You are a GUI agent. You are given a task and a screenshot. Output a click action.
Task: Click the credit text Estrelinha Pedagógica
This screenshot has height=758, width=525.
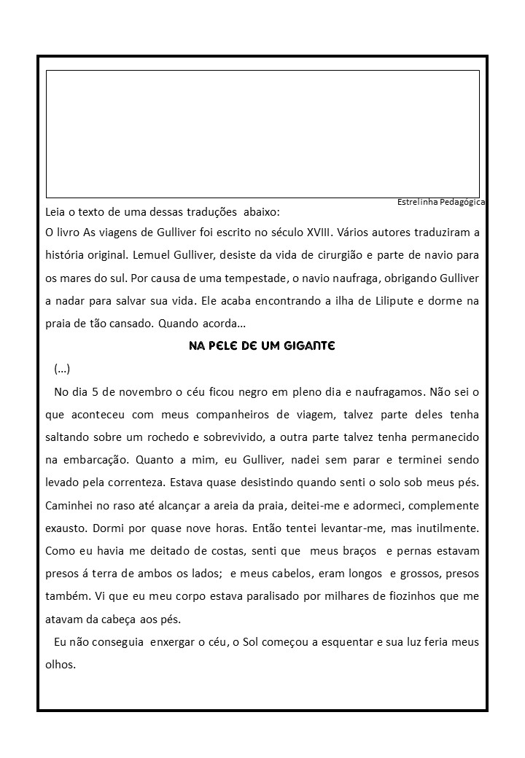(x=442, y=202)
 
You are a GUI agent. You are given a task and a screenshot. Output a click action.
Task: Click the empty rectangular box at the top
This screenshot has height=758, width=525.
(x=262, y=133)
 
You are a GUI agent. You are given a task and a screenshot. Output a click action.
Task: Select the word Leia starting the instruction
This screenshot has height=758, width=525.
(x=56, y=212)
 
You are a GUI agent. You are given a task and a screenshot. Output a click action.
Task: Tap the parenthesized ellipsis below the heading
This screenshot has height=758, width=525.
(x=62, y=368)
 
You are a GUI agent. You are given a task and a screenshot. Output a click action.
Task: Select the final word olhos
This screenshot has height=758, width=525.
(x=60, y=664)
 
